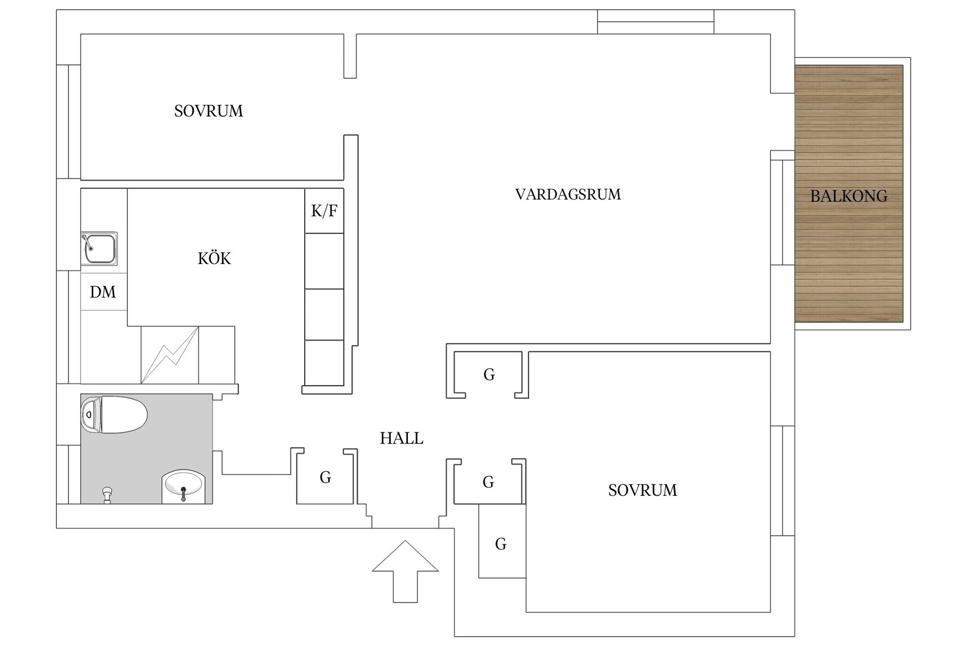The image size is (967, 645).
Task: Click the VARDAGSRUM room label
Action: (568, 195)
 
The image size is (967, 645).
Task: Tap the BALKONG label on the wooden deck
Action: (849, 196)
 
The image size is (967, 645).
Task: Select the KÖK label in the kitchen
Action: (214, 259)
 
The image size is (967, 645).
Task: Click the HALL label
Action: (401, 438)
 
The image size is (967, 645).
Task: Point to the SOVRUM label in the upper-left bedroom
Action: (209, 111)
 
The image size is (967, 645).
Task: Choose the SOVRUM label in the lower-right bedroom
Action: (642, 490)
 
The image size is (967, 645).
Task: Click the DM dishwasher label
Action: (103, 292)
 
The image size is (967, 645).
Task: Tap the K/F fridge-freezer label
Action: (324, 211)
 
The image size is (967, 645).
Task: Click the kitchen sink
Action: (99, 248)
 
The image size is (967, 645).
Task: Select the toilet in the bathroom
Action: (114, 415)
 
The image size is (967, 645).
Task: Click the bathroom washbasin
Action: (183, 486)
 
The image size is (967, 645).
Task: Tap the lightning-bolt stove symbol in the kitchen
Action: (170, 355)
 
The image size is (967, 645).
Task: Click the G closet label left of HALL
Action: (325, 477)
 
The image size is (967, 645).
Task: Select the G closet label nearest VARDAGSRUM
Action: (489, 374)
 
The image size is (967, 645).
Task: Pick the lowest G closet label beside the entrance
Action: (501, 544)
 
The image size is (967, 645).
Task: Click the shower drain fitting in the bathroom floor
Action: (107, 494)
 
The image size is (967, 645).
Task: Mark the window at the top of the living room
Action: (655, 22)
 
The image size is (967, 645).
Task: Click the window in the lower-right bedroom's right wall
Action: (783, 480)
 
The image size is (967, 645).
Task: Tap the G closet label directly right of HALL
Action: (488, 482)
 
